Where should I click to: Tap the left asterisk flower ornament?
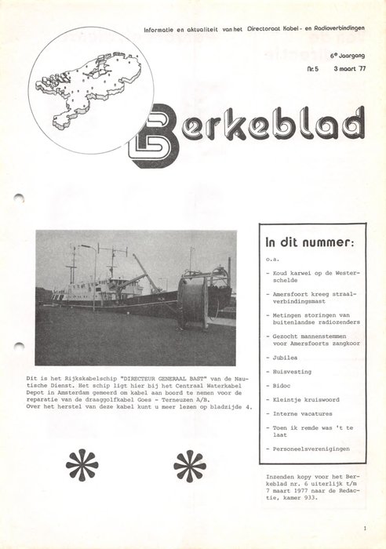82,464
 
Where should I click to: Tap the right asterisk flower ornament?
190,464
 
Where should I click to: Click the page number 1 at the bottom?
365,529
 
